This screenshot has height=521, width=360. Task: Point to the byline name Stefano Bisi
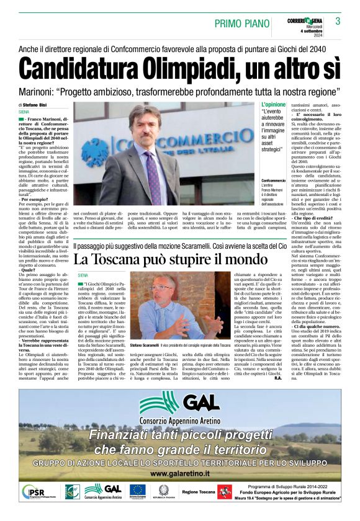tap(42, 105)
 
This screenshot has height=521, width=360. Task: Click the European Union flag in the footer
tap(137, 491)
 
